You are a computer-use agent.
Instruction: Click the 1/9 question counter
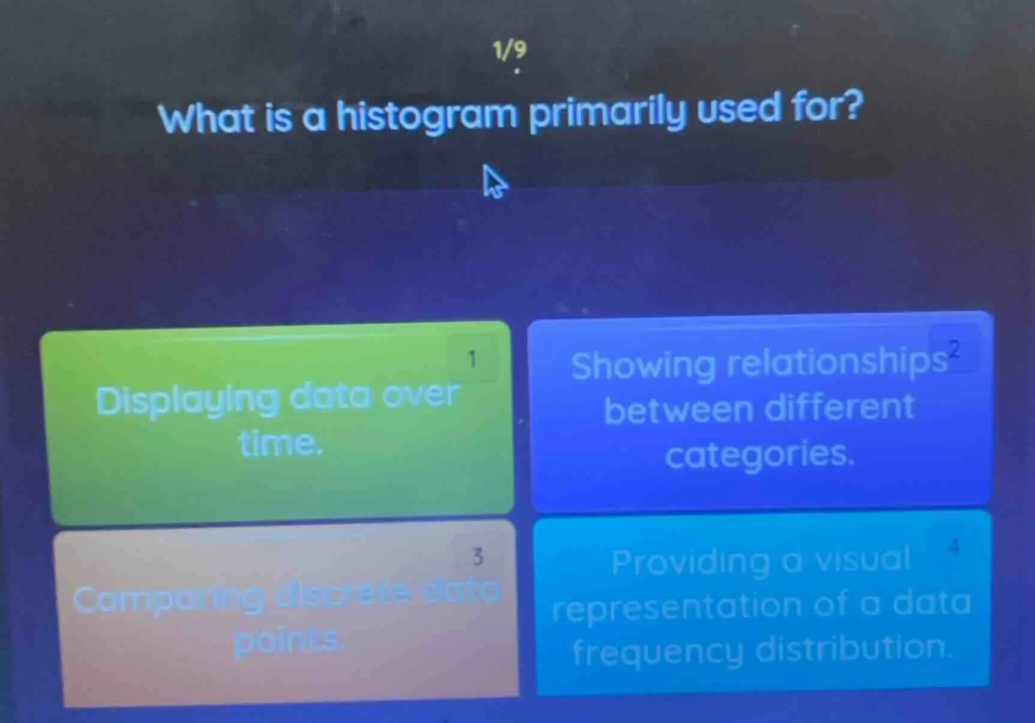pos(509,50)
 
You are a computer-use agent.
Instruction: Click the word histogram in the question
pos(427,116)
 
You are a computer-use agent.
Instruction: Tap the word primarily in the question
pos(607,112)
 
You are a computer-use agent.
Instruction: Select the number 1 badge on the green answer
pos(472,359)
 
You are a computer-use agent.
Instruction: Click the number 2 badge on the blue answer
pos(955,349)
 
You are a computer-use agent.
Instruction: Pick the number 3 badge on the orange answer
pos(478,557)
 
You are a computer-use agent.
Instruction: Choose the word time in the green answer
pos(280,444)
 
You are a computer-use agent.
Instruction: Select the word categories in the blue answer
pos(759,455)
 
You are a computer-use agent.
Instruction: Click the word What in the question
pos(208,118)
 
